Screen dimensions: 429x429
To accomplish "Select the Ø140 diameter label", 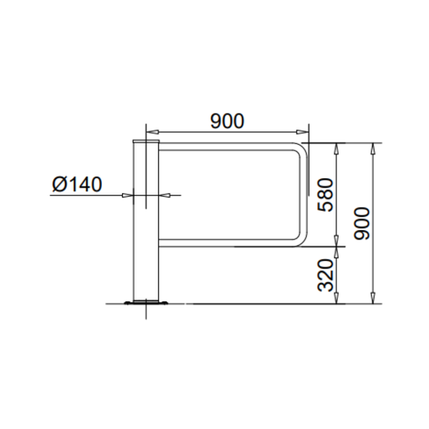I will point(77,184).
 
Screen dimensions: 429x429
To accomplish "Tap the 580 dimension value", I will point(325,195).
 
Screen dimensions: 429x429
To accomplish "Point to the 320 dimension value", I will point(325,274).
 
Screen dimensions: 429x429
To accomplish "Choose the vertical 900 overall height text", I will point(362,223).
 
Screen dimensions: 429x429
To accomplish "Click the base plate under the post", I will point(146,302).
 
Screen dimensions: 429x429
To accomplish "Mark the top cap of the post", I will point(146,140).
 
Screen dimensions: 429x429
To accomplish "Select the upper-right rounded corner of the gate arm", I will point(300,150).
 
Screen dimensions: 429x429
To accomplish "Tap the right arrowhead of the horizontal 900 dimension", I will point(305,131).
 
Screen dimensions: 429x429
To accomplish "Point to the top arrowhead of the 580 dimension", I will point(337,146).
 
